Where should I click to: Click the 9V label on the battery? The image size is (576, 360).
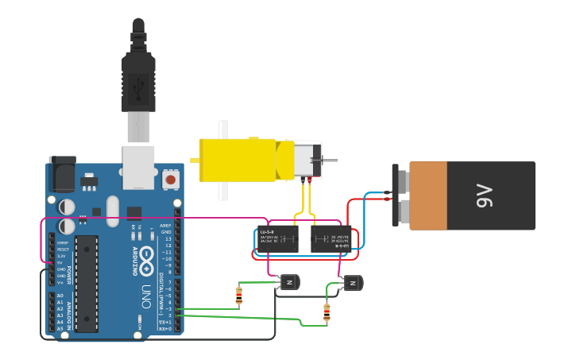485,195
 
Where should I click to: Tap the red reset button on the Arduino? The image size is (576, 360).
170,180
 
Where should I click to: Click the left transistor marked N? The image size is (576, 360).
289,282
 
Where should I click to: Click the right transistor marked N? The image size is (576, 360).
352,282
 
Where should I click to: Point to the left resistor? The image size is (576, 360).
239,296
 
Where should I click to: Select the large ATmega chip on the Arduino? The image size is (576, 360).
87,283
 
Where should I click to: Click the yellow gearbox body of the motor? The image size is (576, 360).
238,159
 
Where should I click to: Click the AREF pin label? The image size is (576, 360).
166,226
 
